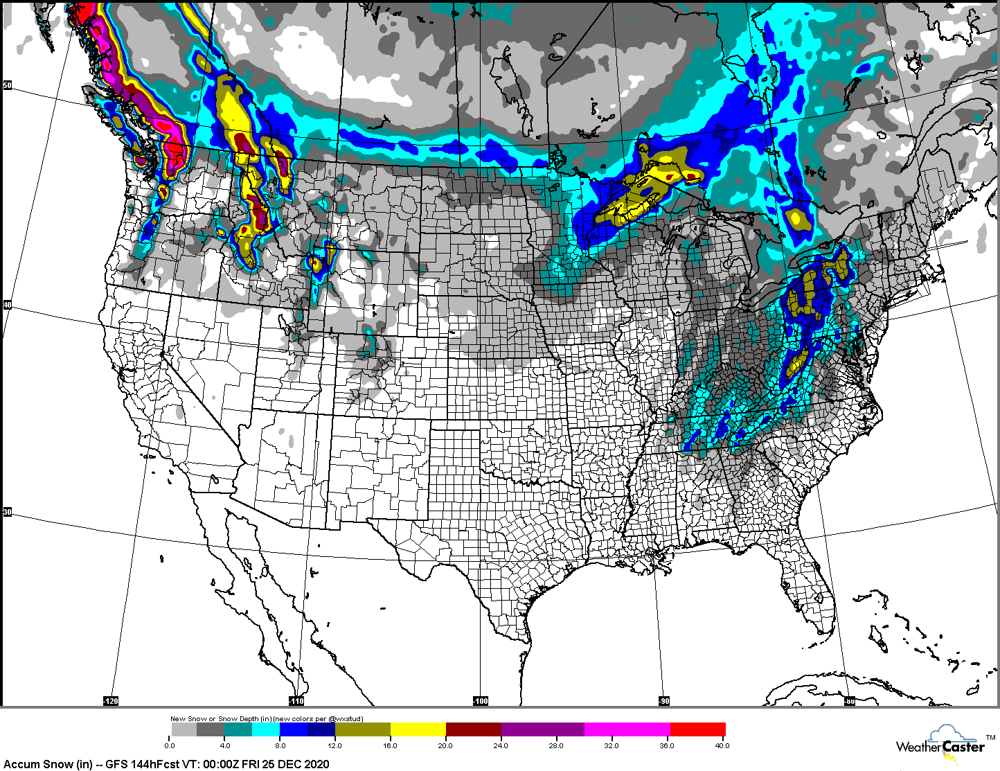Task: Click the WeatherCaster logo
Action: pyautogui.click(x=940, y=746)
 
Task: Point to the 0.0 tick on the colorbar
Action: pyautogui.click(x=170, y=746)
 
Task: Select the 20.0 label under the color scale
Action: pyautogui.click(x=445, y=746)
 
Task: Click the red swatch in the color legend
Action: pyautogui.click(x=697, y=729)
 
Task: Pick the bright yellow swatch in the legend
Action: pyautogui.click(x=418, y=729)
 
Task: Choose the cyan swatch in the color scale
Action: pyautogui.click(x=266, y=729)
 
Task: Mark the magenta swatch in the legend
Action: pyautogui.click(x=627, y=729)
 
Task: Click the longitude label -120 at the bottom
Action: pyautogui.click(x=111, y=701)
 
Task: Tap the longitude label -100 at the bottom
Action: pyautogui.click(x=481, y=701)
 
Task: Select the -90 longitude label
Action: pyautogui.click(x=663, y=701)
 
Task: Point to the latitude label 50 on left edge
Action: pyautogui.click(x=8, y=86)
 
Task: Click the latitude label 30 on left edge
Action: pyautogui.click(x=8, y=512)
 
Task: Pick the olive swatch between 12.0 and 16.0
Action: pyautogui.click(x=362, y=729)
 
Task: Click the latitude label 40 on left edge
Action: pyautogui.click(x=8, y=305)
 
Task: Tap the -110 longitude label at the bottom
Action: pyautogui.click(x=296, y=701)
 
